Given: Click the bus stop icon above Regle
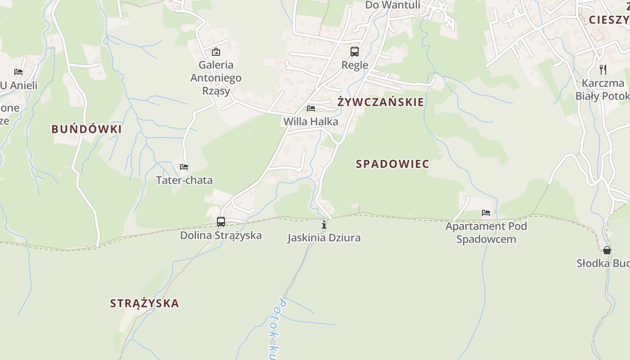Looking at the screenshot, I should tap(355, 52).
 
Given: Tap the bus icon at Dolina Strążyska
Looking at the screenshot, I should tap(221, 221).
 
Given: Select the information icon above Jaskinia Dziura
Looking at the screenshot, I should tap(324, 225).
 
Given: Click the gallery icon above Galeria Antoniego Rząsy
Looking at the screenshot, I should tap(216, 52).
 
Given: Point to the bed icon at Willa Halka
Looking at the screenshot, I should tap(311, 108).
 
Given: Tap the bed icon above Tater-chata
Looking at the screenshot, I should tap(184, 167).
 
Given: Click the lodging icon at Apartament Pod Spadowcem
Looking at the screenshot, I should tap(486, 212).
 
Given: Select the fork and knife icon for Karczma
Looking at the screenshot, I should tap(603, 70).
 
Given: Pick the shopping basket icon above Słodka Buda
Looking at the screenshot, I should tap(607, 250).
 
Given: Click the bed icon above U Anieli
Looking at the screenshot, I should tap(18, 72).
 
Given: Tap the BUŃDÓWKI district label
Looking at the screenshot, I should tap(86, 129).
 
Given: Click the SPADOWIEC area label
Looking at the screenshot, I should tap(392, 164).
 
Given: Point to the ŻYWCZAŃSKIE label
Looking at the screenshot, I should tap(381, 102).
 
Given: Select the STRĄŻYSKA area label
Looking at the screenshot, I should tap(144, 303).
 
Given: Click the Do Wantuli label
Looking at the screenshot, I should tap(392, 5).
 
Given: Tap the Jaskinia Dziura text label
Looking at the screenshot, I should tap(324, 238).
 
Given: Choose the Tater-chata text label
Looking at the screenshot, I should tap(184, 180).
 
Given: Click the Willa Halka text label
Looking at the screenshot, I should tap(310, 121).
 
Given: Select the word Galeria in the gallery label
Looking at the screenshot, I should tap(216, 65).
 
